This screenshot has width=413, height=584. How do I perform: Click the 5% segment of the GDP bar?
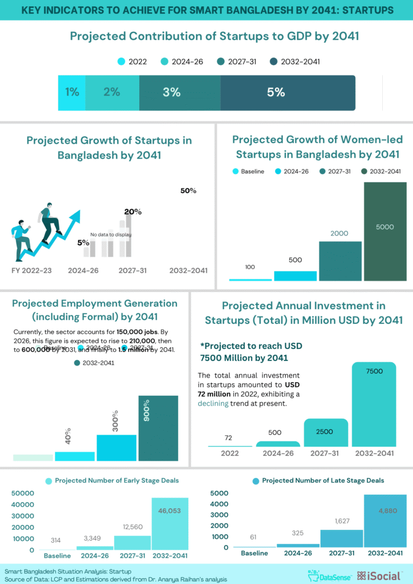(288, 92)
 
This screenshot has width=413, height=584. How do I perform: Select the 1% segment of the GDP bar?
(72, 92)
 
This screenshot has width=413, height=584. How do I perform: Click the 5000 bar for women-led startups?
(385, 231)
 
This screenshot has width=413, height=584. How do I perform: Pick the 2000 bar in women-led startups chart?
(340, 261)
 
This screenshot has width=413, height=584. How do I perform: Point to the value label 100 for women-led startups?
(250, 267)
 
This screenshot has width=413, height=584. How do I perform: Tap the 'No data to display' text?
(111, 234)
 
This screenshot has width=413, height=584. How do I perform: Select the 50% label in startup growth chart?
(188, 191)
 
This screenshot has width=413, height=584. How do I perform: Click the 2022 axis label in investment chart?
(229, 453)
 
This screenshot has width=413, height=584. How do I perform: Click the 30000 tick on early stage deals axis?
(23, 516)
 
